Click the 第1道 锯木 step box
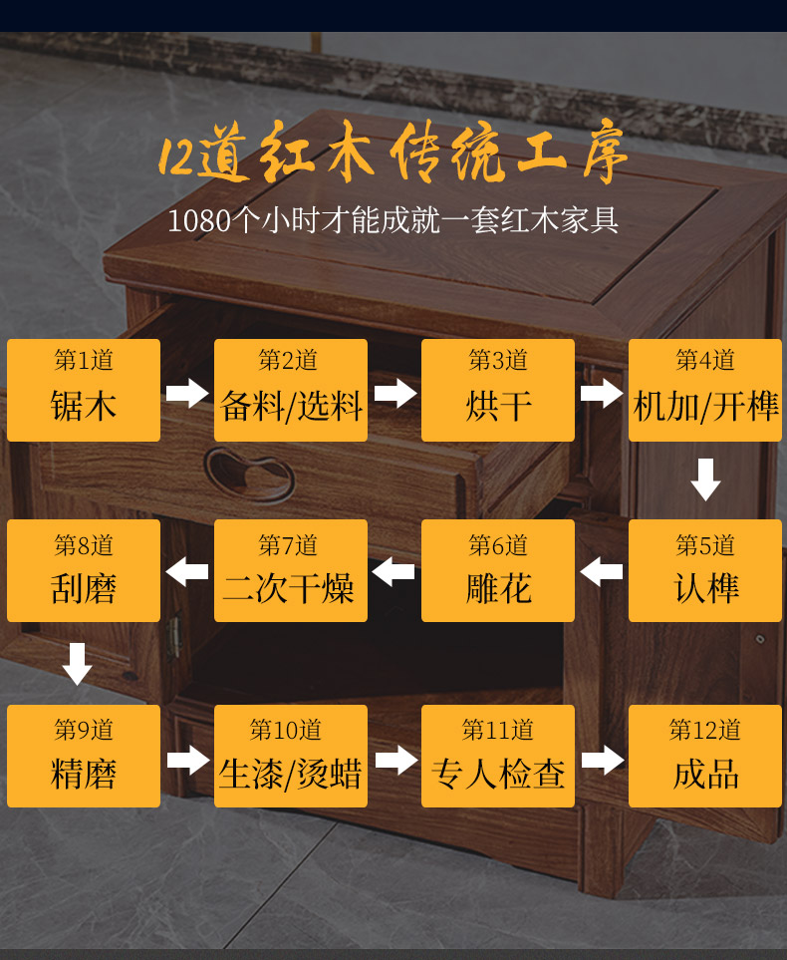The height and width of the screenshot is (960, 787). (x=84, y=390)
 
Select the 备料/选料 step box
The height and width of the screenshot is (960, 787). (x=291, y=390)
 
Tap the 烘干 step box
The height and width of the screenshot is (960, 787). (x=498, y=390)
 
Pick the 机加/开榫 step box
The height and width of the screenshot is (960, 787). (x=705, y=390)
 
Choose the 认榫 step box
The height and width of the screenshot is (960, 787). (x=705, y=570)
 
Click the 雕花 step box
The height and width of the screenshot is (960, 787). (x=498, y=570)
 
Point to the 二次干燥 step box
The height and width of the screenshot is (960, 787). (x=291, y=570)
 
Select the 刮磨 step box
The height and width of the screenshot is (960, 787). (x=84, y=570)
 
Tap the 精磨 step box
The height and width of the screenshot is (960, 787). (x=84, y=756)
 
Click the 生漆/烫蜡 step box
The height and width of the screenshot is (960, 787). (x=291, y=756)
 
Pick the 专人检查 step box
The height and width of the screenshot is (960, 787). (x=498, y=756)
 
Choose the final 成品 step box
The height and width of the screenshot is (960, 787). (x=705, y=756)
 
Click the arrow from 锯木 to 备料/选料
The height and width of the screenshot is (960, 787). (x=187, y=392)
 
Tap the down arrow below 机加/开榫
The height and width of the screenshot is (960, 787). (x=705, y=479)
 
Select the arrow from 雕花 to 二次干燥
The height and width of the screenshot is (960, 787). (x=394, y=572)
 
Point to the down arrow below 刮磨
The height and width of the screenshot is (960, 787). (x=78, y=663)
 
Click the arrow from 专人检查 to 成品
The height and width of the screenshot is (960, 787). (x=602, y=760)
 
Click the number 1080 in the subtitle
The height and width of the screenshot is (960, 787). (x=199, y=220)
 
